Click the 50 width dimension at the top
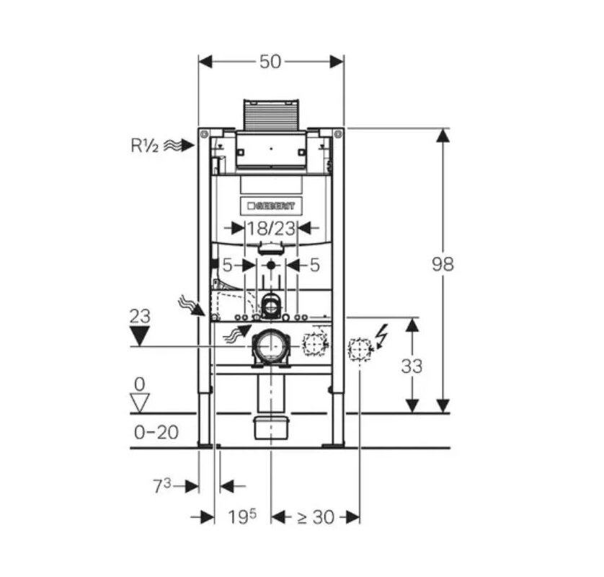click(270, 62)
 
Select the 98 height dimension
click(443, 265)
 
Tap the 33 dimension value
click(412, 366)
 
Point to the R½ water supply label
click(144, 146)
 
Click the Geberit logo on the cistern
click(272, 206)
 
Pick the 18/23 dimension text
click(271, 228)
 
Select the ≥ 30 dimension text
click(316, 517)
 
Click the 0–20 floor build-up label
click(156, 433)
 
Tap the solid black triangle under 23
click(139, 336)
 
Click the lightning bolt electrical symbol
click(383, 336)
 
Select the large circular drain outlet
click(271, 346)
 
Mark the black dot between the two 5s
click(271, 265)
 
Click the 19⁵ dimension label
click(242, 516)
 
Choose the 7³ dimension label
click(162, 485)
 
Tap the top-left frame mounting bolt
click(204, 134)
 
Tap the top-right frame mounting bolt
click(338, 134)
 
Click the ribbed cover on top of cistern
click(271, 114)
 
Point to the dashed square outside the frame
click(360, 349)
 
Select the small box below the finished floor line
click(271, 428)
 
